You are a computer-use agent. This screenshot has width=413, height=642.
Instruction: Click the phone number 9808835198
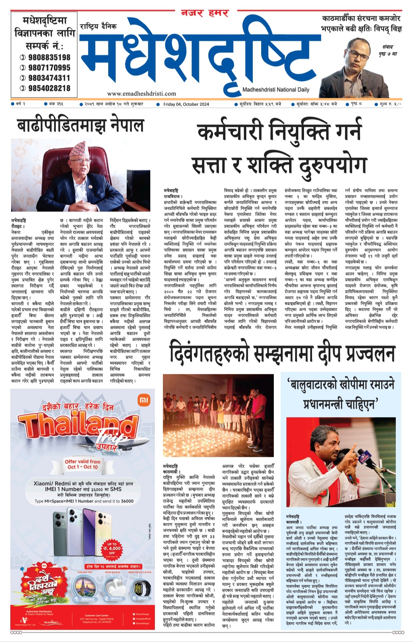(x=49, y=57)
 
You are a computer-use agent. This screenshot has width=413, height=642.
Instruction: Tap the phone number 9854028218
(x=49, y=88)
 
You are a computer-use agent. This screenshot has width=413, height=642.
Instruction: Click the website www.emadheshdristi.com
(x=141, y=93)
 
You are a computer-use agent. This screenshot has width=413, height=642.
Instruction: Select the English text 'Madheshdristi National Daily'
(x=276, y=90)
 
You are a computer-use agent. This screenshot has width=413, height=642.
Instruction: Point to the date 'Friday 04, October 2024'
(x=186, y=104)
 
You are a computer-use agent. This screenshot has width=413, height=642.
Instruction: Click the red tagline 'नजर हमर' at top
(x=205, y=13)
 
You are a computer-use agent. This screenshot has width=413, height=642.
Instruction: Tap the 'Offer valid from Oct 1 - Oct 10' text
(x=83, y=464)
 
